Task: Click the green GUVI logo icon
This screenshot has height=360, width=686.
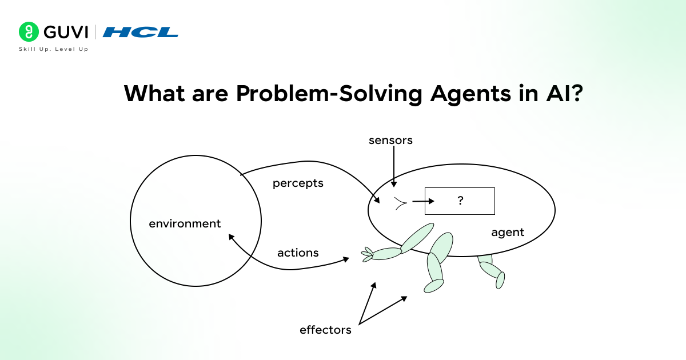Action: (28, 32)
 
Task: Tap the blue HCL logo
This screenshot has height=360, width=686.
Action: (141, 32)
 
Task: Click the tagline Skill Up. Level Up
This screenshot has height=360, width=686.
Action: (54, 49)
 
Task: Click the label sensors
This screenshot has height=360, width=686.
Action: (390, 140)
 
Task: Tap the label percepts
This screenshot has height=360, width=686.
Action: (298, 183)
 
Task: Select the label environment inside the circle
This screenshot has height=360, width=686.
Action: (185, 223)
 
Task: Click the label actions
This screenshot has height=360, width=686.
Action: (298, 253)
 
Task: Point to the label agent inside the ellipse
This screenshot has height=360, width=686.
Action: (508, 233)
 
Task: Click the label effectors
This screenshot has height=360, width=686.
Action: (325, 330)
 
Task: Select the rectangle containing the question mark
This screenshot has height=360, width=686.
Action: (460, 201)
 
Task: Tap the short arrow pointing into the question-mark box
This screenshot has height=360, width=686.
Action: (423, 201)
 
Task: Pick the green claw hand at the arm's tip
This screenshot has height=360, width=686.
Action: (367, 255)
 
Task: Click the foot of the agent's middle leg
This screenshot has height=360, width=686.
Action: (434, 285)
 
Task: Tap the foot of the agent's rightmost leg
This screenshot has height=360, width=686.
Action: (500, 280)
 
